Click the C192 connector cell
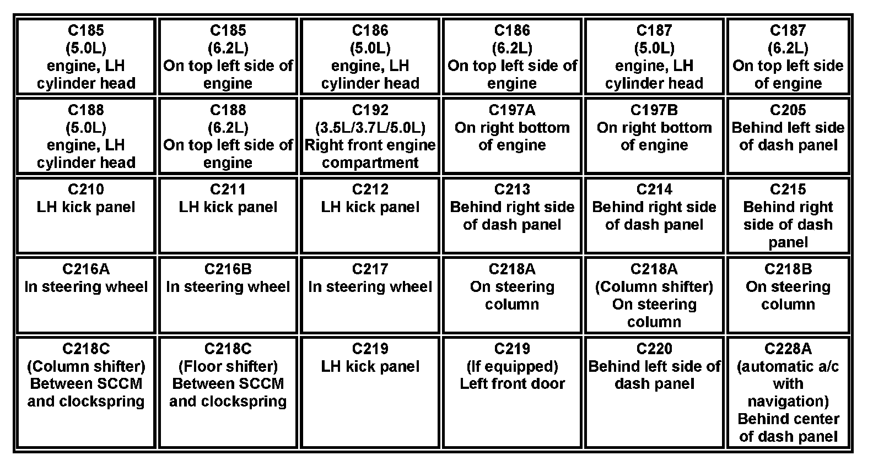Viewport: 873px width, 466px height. click(370, 136)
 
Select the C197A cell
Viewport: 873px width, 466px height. click(512, 136)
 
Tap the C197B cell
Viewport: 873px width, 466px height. click(654, 136)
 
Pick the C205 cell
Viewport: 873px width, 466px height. click(788, 136)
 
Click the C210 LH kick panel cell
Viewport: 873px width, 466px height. click(86, 215)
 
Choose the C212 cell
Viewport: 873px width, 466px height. click(370, 215)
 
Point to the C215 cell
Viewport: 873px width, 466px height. click(788, 215)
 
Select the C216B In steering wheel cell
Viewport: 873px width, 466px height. click(228, 295)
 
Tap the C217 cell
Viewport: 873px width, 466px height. click(370, 295)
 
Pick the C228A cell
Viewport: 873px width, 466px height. click(788, 392)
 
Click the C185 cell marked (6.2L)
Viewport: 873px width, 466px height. click(228, 56)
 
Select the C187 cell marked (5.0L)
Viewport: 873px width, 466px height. click(654, 56)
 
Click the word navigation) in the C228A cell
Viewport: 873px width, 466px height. click(788, 401)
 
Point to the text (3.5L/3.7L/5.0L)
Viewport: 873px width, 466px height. click(370, 128)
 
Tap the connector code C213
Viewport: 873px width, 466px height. click(512, 189)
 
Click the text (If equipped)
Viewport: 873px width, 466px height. click(512, 366)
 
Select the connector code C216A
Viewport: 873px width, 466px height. click(86, 269)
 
